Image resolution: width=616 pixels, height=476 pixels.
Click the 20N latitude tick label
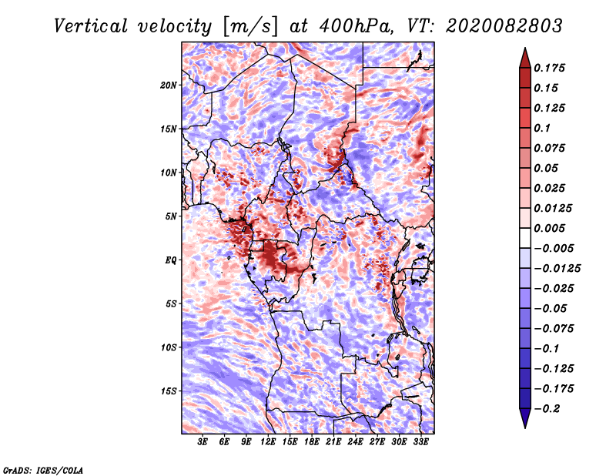pyautogui.click(x=169, y=85)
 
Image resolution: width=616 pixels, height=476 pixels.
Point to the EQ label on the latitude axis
pyautogui.click(x=171, y=260)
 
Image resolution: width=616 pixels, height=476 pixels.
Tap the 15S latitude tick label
pyautogui.click(x=169, y=391)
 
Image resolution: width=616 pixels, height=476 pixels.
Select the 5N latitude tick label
pyautogui.click(x=171, y=216)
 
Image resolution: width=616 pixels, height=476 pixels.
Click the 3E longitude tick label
pyautogui.click(x=203, y=443)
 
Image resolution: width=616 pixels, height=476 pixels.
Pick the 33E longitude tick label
pyautogui.click(x=420, y=443)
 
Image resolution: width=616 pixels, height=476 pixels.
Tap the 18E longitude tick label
pyautogui.click(x=312, y=443)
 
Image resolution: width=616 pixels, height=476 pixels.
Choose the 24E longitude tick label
pyautogui.click(x=355, y=443)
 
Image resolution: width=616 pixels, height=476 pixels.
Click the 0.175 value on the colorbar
pyautogui.click(x=551, y=68)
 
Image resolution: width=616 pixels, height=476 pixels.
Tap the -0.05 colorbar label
pyautogui.click(x=550, y=308)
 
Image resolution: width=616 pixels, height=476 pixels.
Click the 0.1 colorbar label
pyautogui.click(x=544, y=128)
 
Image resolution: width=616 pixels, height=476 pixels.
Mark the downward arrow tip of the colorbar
pyautogui.click(x=524, y=426)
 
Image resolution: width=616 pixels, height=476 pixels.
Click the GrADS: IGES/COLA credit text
pyautogui.click(x=42, y=469)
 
